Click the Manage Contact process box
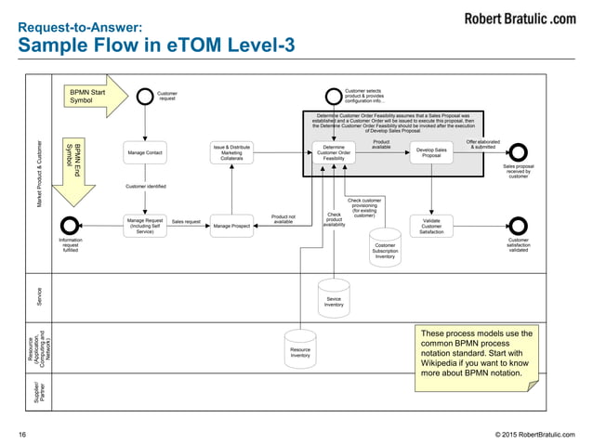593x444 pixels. tap(144, 152)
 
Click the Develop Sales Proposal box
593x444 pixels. tap(431, 152)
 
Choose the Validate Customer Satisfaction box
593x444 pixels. tap(431, 225)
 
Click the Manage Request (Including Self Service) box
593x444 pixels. tap(144, 225)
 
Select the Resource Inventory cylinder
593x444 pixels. tap(300, 347)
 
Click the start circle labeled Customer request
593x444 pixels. tap(144, 96)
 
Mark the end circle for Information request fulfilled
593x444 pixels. tap(71, 224)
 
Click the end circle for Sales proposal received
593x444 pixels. tap(518, 152)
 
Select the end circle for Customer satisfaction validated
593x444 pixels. tap(518, 225)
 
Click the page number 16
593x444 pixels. tap(22, 433)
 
